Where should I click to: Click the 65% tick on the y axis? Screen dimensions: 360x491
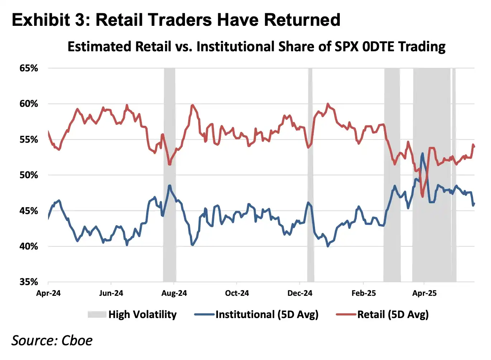tap(29, 68)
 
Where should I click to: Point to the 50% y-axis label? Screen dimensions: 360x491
tap(29, 175)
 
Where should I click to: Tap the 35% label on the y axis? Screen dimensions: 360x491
tap(29, 282)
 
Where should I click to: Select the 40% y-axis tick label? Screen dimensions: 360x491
tap(29, 246)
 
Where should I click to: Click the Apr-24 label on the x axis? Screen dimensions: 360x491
tap(48, 293)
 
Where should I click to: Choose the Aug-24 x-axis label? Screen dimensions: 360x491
tap(174, 293)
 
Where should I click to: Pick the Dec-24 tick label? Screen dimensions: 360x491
tap(300, 293)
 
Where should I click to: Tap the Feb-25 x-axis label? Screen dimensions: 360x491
tap(364, 293)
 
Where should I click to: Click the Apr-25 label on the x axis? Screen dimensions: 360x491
tap(424, 293)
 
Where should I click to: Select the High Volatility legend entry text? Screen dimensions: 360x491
tap(142, 314)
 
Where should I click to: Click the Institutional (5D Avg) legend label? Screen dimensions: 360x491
tap(267, 314)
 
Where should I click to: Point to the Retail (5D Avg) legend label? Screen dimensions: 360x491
tap(393, 314)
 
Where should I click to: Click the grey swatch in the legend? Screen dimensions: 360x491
tap(97, 314)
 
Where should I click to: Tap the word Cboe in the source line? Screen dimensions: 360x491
tap(77, 340)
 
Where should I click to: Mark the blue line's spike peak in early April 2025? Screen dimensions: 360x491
tap(422, 153)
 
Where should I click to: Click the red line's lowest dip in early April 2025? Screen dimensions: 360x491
tap(423, 196)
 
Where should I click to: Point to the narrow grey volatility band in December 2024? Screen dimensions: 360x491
tap(310, 172)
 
